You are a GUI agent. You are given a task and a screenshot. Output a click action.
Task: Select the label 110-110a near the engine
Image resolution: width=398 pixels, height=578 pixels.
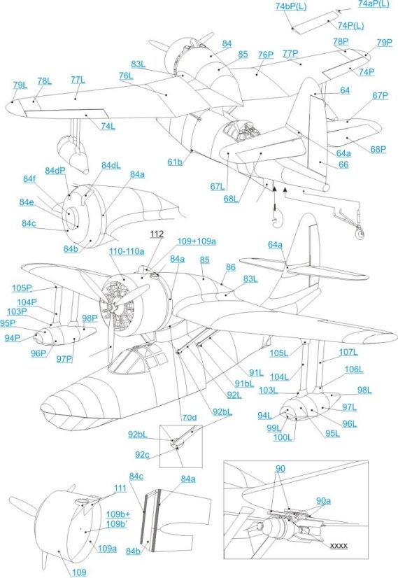click(x=126, y=250)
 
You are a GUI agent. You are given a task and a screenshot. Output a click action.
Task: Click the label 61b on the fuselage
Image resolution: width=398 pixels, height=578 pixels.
click(x=174, y=162)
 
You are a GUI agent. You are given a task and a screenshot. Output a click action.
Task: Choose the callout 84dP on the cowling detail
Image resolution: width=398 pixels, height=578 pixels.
click(x=57, y=171)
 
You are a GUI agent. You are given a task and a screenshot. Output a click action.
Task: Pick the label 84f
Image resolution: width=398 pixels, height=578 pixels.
click(x=27, y=179)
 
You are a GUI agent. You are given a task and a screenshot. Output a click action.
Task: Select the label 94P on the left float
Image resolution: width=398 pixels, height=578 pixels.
click(x=12, y=338)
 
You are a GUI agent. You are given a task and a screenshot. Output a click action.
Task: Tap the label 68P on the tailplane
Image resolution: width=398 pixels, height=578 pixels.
click(x=378, y=148)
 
